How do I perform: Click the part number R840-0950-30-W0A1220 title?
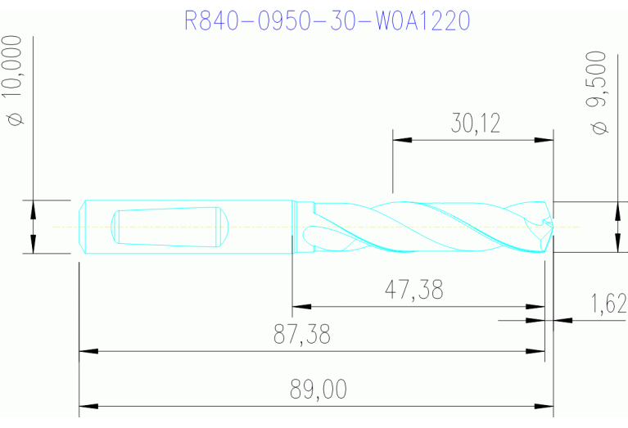click(x=328, y=20)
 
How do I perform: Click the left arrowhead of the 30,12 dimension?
click(x=402, y=140)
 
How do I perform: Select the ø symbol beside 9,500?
click(x=600, y=128)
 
